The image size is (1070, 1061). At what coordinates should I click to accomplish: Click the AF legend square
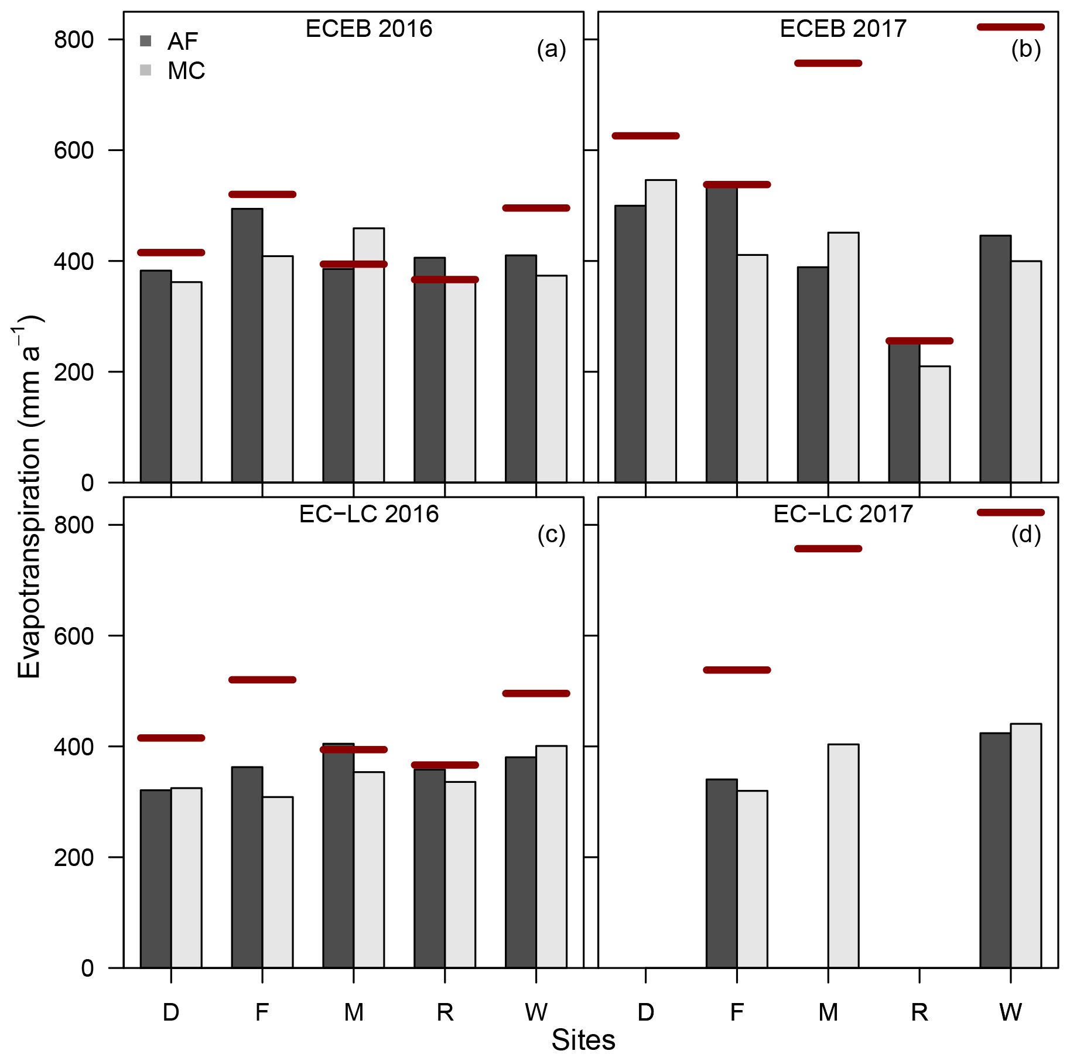(146, 41)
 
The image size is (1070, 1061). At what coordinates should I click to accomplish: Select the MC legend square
(146, 70)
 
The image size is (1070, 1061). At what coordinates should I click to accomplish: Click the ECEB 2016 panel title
(368, 29)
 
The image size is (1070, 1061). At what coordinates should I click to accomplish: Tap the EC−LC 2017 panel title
(843, 514)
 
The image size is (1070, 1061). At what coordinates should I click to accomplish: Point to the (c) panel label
(551, 535)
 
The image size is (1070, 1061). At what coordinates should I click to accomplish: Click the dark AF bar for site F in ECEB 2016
(247, 345)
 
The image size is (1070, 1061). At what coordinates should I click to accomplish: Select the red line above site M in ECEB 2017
(828, 63)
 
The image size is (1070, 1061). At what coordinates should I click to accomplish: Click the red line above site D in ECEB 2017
(645, 136)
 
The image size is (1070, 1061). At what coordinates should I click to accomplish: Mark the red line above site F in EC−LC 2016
(262, 680)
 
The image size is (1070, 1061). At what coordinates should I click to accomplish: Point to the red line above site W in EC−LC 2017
(1011, 512)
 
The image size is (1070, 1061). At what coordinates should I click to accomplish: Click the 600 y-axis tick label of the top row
(74, 150)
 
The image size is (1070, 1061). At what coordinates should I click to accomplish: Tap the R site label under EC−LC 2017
(919, 1012)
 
